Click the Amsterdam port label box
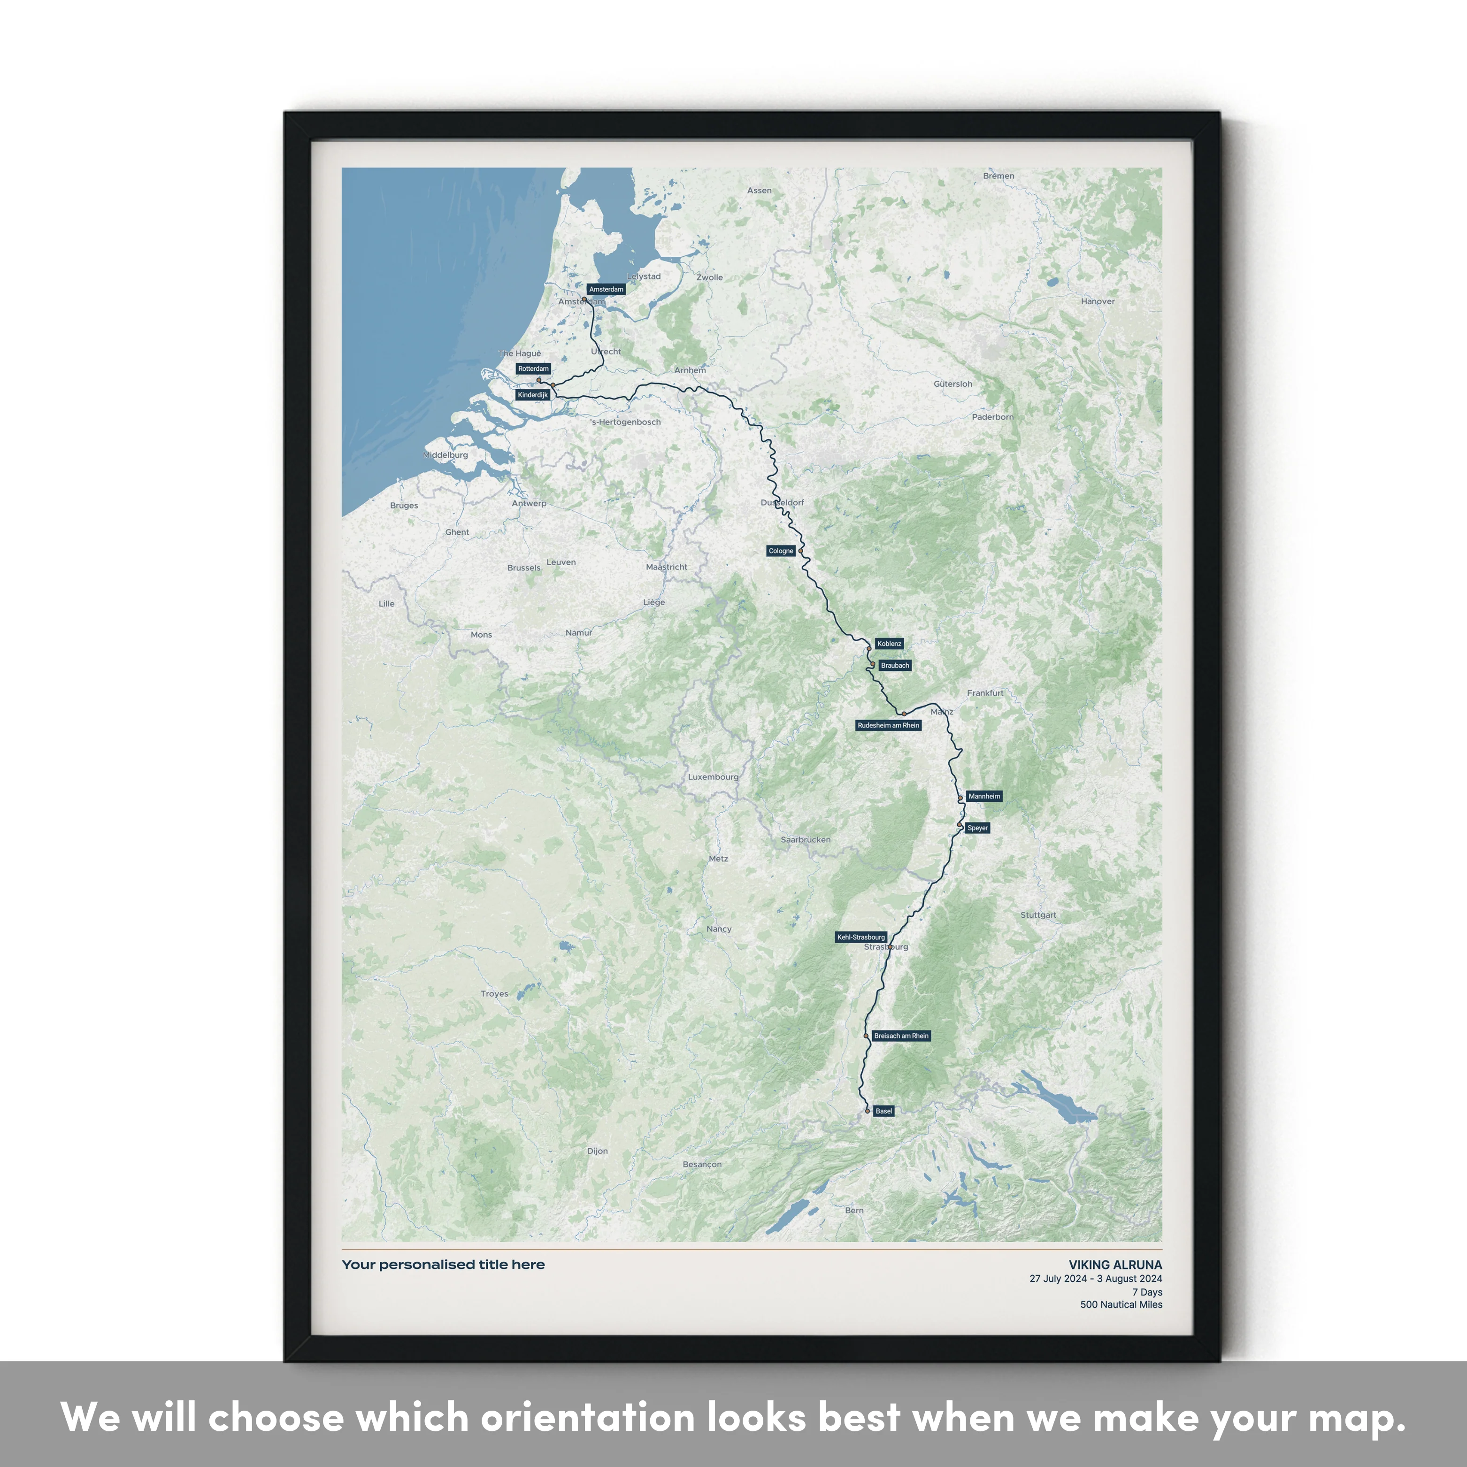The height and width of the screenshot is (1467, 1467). [606, 289]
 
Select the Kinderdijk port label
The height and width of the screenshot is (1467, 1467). [532, 395]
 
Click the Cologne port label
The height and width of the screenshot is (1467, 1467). [781, 551]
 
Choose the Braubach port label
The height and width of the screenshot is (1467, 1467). [894, 665]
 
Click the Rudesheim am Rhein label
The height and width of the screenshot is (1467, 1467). [888, 725]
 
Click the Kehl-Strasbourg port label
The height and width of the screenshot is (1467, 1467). [861, 937]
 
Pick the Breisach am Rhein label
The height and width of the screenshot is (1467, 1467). [900, 1036]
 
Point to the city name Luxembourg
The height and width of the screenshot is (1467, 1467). [713, 777]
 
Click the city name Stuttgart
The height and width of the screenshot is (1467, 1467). [1038, 915]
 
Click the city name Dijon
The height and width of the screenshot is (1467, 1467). [598, 1151]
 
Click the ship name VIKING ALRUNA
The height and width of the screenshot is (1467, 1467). [1114, 1265]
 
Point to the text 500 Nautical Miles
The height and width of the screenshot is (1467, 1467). [1121, 1305]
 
